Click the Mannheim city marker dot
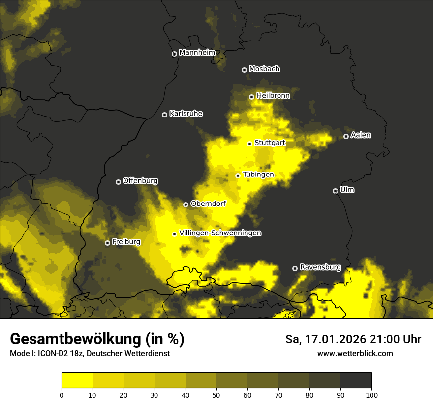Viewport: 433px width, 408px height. click(x=174, y=54)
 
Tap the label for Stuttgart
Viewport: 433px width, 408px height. click(x=270, y=143)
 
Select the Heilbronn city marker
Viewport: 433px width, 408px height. click(x=251, y=97)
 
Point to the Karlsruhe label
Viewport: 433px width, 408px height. click(x=186, y=114)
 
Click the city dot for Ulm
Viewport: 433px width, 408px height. click(x=335, y=191)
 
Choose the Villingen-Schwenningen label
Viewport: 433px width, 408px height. click(x=220, y=233)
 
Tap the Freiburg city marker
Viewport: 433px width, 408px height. click(x=107, y=243)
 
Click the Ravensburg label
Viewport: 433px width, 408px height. click(x=320, y=268)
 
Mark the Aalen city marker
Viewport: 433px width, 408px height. click(x=346, y=136)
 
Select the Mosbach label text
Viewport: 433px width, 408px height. click(x=264, y=69)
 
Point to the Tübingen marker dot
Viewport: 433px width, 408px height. click(x=238, y=175)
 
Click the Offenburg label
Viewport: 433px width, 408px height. click(x=140, y=181)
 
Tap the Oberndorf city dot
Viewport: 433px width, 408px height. click(x=186, y=204)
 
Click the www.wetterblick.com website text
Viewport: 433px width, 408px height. click(x=355, y=353)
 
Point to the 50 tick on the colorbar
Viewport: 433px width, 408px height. click(x=216, y=395)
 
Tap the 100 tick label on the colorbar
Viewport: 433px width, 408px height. click(x=371, y=395)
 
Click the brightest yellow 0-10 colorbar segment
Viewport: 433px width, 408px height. click(x=77, y=380)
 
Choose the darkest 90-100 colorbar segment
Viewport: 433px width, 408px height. click(x=356, y=380)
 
